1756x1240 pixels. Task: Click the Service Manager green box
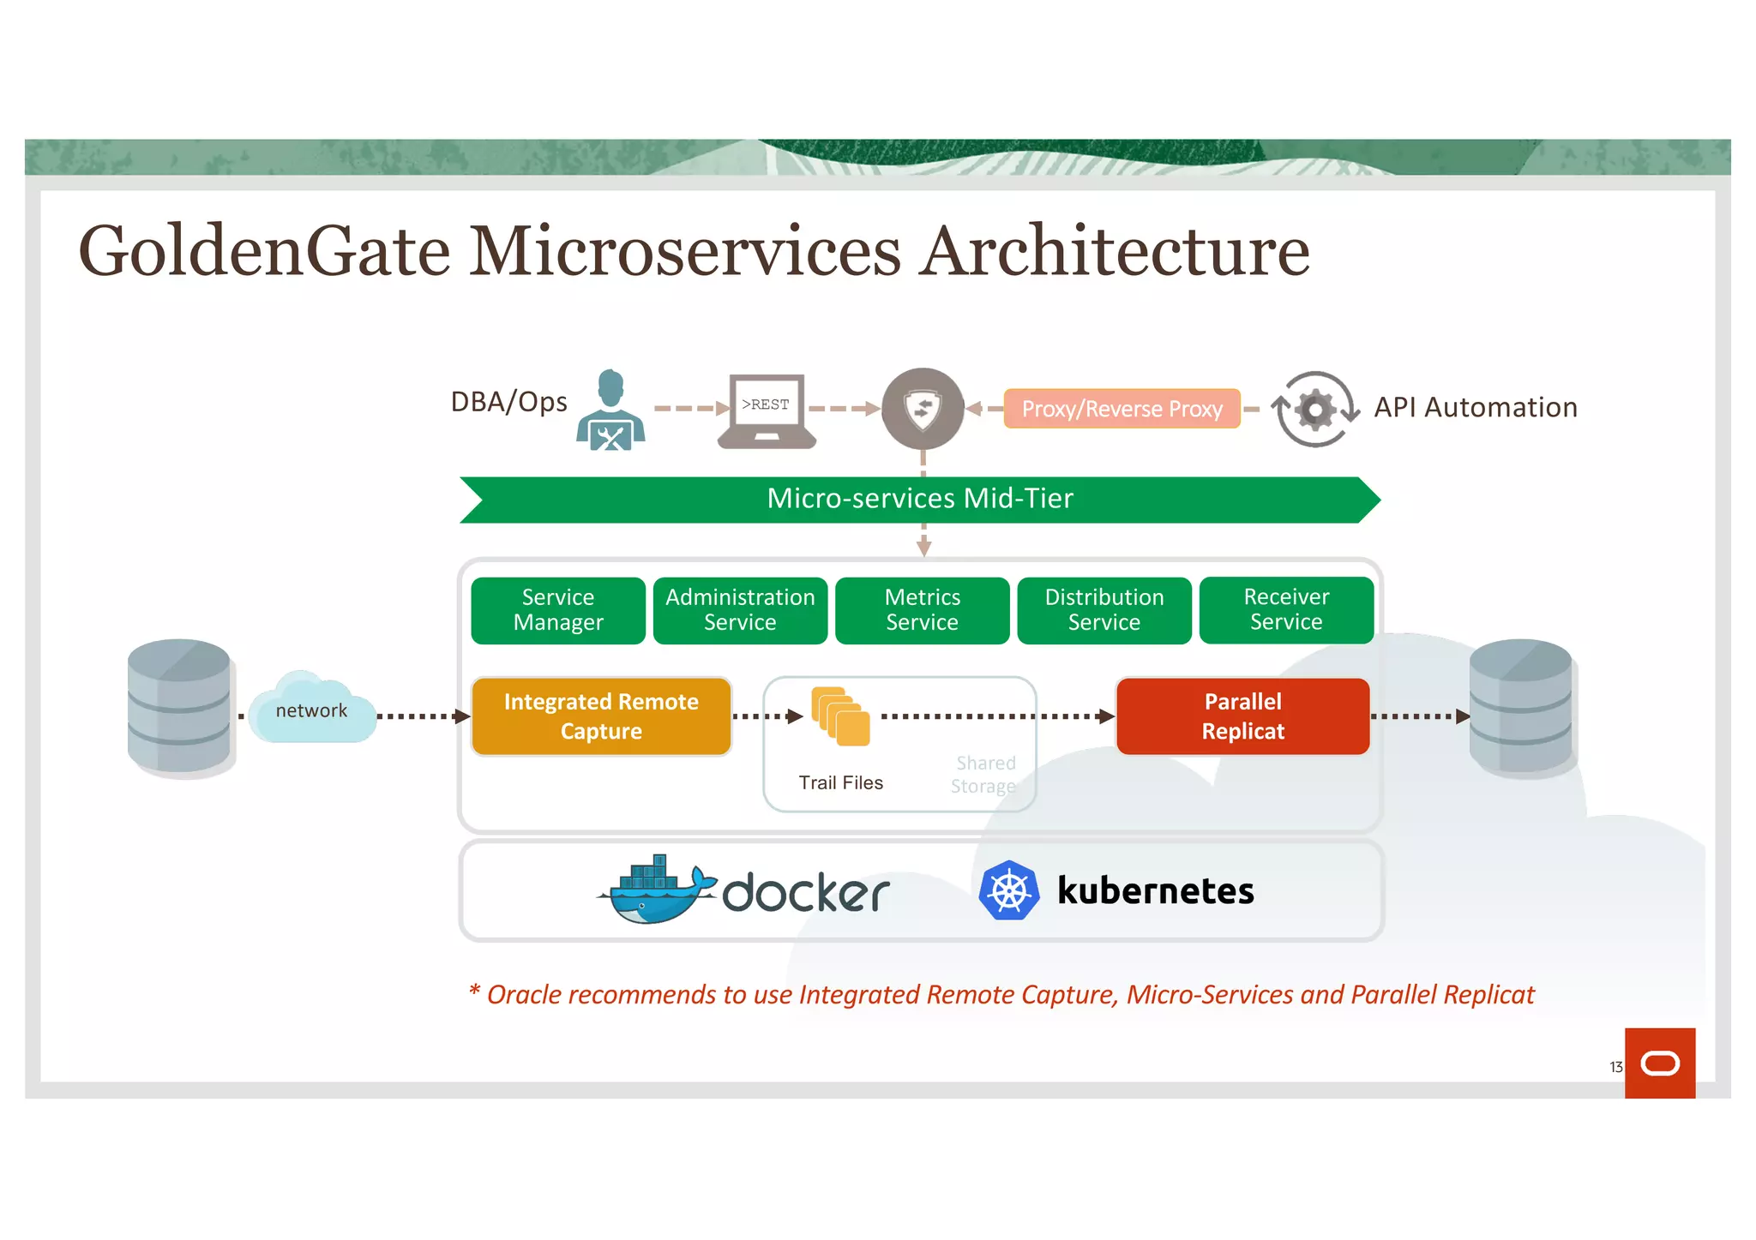click(558, 610)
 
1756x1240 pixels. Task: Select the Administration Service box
click(740, 610)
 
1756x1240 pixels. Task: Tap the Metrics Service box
click(922, 610)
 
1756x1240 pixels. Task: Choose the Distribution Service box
click(1104, 610)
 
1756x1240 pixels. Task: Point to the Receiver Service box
click(1286, 610)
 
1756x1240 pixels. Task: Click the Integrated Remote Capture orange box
click(601, 716)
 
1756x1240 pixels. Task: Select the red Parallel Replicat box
click(1242, 716)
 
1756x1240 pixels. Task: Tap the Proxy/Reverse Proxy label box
click(1122, 409)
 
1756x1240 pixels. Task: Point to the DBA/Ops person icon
click(610, 410)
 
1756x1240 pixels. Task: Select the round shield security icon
click(923, 409)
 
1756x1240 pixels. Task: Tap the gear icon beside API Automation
click(1314, 410)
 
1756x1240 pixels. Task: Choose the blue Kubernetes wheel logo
click(1009, 890)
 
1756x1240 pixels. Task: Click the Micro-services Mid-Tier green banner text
click(920, 499)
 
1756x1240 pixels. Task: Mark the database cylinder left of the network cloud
click(179, 706)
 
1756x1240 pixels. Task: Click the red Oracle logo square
click(1659, 1063)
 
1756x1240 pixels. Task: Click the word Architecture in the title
click(1114, 252)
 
